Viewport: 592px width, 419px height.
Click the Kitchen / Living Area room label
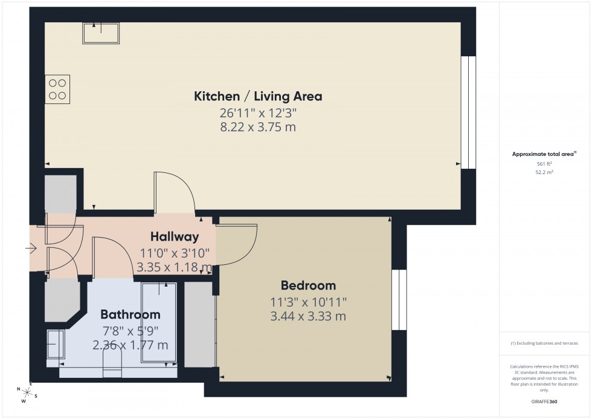258,96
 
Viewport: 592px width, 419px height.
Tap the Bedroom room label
308,285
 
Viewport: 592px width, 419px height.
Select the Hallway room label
175,236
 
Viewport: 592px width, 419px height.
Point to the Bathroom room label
130,314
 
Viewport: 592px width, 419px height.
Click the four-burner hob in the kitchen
57,89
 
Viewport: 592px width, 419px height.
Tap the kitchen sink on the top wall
101,33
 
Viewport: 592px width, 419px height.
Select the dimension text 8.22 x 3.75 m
258,127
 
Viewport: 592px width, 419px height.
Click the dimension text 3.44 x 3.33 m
308,316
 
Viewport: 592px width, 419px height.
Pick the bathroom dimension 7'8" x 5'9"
130,331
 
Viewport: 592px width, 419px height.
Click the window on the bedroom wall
399,300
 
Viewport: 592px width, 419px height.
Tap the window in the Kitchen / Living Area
468,112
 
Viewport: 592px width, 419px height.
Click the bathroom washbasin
55,345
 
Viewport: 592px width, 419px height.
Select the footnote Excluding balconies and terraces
545,343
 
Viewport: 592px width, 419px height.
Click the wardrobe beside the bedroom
196,324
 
